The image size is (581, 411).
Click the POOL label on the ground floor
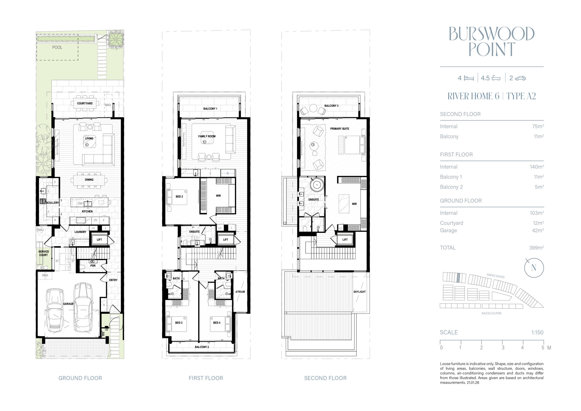click(x=57, y=47)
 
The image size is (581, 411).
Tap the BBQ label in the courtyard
click(x=108, y=105)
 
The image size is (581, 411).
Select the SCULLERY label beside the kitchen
click(x=52, y=203)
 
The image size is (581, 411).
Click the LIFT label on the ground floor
click(x=99, y=240)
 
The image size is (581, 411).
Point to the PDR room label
click(x=93, y=266)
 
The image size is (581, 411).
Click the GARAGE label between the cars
click(x=68, y=304)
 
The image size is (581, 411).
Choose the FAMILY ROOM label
click(x=207, y=136)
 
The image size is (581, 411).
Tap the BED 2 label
click(x=179, y=196)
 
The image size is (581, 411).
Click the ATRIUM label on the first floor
click(x=240, y=292)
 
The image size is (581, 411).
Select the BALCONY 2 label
click(x=202, y=347)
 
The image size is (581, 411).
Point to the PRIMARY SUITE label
click(x=340, y=129)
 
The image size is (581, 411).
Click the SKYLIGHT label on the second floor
click(x=359, y=292)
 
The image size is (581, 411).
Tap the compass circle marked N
click(x=534, y=268)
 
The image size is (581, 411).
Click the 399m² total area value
click(x=536, y=248)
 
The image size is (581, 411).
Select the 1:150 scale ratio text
click(x=537, y=332)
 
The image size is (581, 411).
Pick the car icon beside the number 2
click(x=520, y=78)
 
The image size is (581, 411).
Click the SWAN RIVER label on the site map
click(x=495, y=276)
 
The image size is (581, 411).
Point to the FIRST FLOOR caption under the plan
click(x=206, y=378)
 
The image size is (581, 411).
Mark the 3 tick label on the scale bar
click(x=503, y=348)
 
